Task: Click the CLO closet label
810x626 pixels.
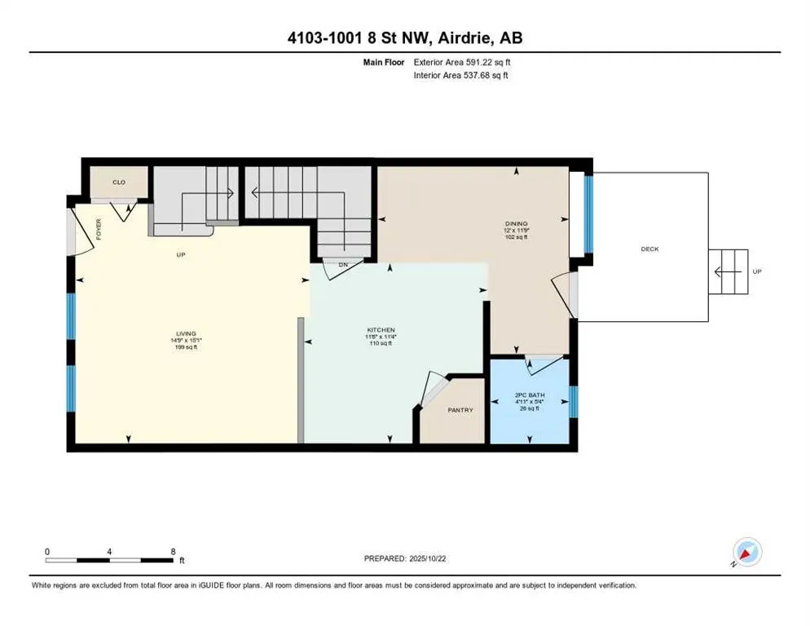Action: [119, 183]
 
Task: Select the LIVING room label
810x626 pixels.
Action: [186, 333]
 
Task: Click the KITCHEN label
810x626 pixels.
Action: [381, 330]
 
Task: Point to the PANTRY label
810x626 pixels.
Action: [460, 410]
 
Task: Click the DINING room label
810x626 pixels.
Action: [516, 223]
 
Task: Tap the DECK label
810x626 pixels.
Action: [649, 249]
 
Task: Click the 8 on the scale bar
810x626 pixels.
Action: [173, 550]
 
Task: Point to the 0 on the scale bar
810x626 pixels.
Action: [47, 550]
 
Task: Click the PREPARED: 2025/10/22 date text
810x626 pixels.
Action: [405, 558]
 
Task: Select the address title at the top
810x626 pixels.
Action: [404, 38]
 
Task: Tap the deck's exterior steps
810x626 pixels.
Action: [727, 271]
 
